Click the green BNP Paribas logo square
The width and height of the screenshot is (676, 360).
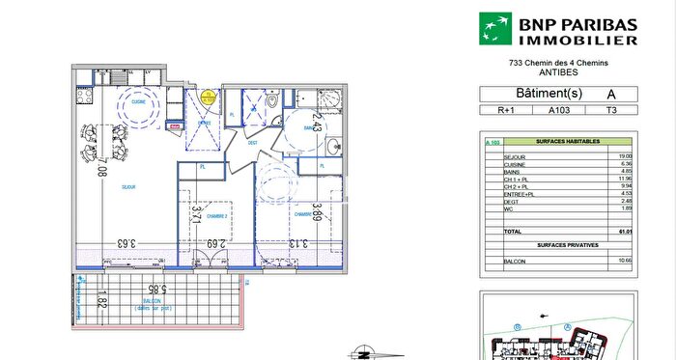[498, 28]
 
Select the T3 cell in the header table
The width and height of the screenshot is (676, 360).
[611, 111]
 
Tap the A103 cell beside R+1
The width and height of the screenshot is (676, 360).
[558, 111]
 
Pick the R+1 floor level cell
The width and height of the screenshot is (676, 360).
[505, 111]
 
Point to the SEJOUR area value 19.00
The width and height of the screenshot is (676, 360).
[625, 155]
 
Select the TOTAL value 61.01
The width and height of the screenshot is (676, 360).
[624, 232]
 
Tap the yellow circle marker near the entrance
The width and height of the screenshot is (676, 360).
[208, 96]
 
